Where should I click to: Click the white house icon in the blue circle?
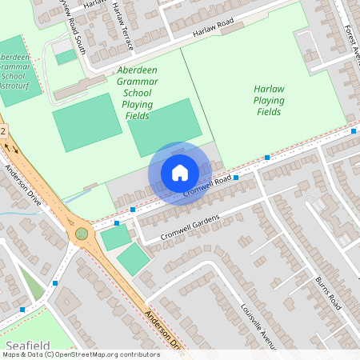[x=180, y=172]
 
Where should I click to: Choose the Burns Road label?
[x=328, y=293]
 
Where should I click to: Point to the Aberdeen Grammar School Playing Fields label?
[x=137, y=93]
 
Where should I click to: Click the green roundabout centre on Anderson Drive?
[x=82, y=234]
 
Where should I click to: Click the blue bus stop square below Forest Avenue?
[x=354, y=130]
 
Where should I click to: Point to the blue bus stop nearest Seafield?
[x=22, y=309]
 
